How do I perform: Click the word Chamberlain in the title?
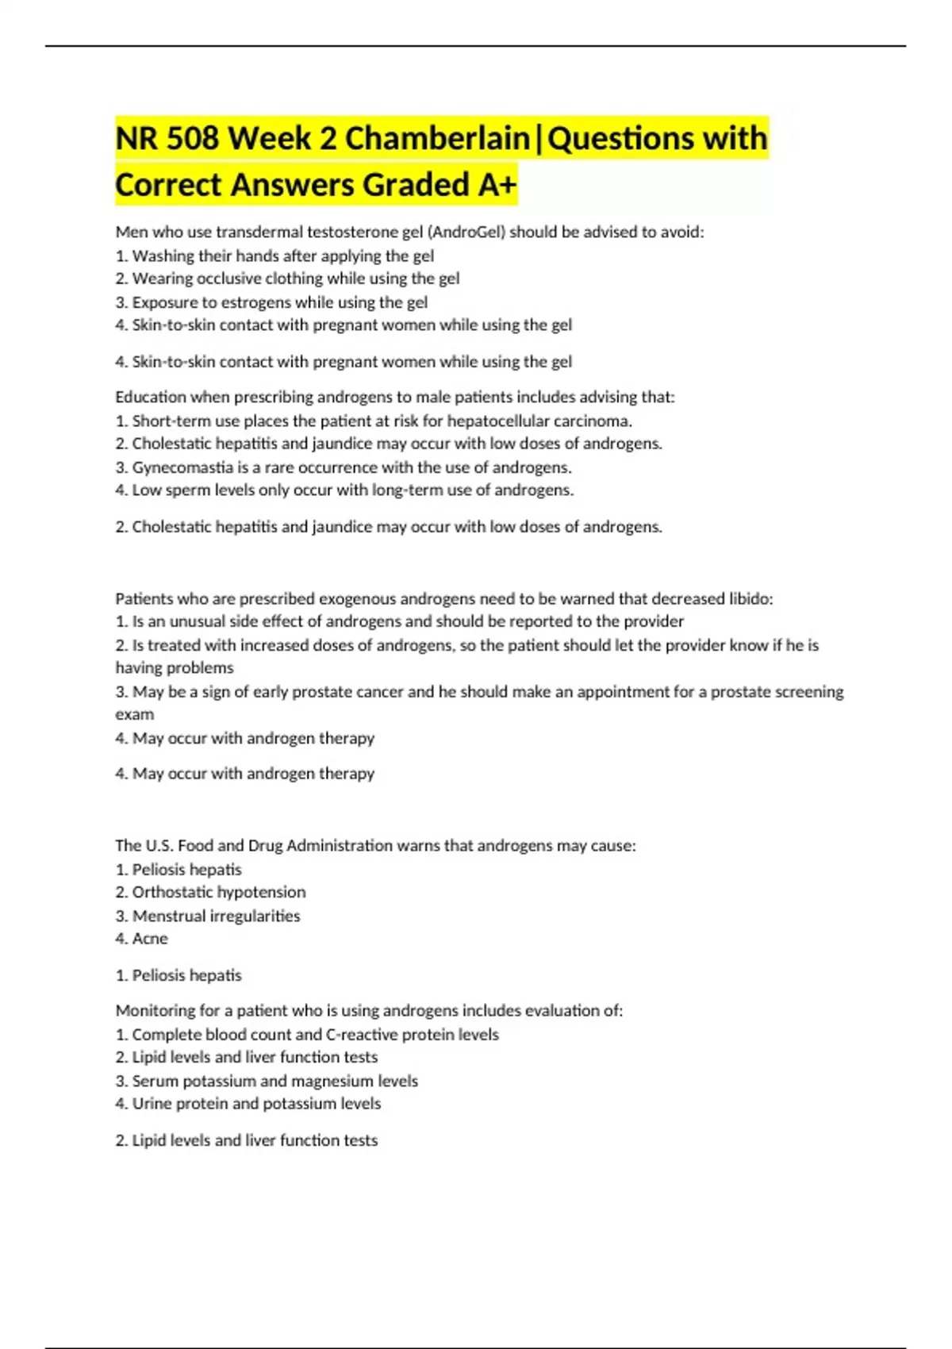click(437, 139)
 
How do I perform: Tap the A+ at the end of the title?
click(497, 186)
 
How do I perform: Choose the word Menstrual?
click(167, 916)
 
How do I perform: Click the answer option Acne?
click(150, 939)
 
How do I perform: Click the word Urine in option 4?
click(152, 1104)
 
